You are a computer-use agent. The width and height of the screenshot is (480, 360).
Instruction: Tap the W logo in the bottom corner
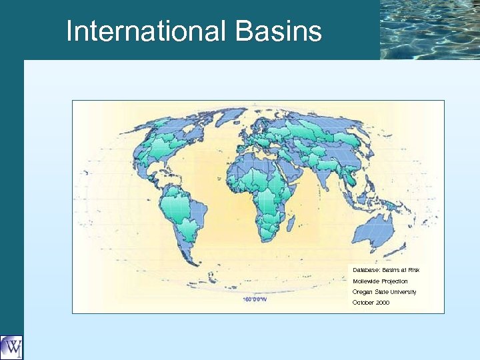(x=11, y=347)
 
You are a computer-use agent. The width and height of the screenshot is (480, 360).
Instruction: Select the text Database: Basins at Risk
(x=386, y=270)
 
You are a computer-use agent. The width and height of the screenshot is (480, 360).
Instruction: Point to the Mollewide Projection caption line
(x=380, y=281)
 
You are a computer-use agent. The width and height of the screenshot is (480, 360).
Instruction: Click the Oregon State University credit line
(x=384, y=292)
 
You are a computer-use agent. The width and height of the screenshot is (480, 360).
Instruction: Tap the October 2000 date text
(x=371, y=303)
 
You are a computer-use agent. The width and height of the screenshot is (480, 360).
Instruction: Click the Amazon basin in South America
(x=181, y=203)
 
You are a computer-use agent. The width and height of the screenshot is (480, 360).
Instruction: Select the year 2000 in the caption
(x=383, y=303)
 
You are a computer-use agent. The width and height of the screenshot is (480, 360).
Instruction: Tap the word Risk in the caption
(x=413, y=270)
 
